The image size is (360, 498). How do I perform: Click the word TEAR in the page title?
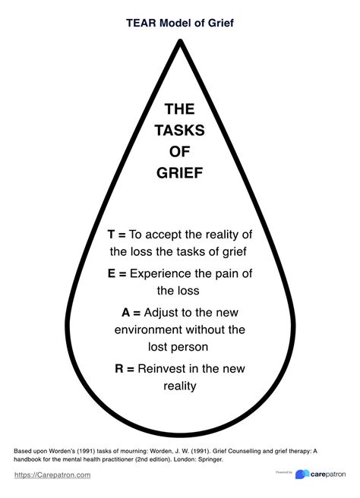pos(141,23)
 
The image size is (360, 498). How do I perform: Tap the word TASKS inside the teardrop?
pos(180,131)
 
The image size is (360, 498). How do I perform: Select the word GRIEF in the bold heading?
pos(179,173)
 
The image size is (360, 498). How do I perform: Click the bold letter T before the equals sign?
pos(111,235)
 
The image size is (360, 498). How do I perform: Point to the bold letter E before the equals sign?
pos(112,273)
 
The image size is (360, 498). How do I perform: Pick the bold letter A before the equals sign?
pos(126,313)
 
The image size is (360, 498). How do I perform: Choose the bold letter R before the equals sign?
pos(118,369)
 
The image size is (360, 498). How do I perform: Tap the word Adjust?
pos(160,314)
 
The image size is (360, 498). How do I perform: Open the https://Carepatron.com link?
pos(52,475)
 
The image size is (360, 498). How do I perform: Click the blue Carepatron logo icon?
pos(302,474)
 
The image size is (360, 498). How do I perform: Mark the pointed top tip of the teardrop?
pos(180,40)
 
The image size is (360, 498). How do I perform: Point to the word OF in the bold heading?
pos(179,152)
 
